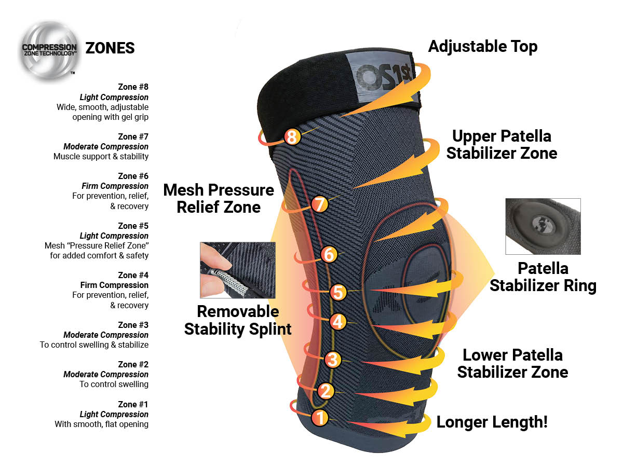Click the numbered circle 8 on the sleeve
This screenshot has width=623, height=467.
pos(292,136)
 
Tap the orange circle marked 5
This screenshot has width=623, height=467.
pos(338,292)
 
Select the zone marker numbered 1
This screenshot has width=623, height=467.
pos(320,418)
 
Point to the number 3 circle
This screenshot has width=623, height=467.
pos(333,360)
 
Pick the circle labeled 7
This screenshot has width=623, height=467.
pos(320,204)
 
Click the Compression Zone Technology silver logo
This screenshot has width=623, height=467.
pos(49,51)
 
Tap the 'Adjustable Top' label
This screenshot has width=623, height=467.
pos(482,47)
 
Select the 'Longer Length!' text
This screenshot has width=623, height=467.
pos(492,422)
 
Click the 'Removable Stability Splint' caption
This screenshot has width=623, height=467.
pos(238,320)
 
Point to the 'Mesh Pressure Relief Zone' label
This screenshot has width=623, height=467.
pos(219,198)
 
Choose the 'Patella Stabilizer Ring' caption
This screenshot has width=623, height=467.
pos(543,277)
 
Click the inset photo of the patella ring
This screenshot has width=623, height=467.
pos(543,226)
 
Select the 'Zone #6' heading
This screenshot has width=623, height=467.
pos(133,176)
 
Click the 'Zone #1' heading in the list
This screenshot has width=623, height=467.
pos(133,404)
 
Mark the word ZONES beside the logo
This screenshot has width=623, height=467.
pos(110,48)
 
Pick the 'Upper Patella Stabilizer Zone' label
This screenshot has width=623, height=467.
pos(502,145)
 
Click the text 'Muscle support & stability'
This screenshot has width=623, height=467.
pos(101,157)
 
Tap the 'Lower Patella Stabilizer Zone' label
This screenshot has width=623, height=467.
pos(512,364)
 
